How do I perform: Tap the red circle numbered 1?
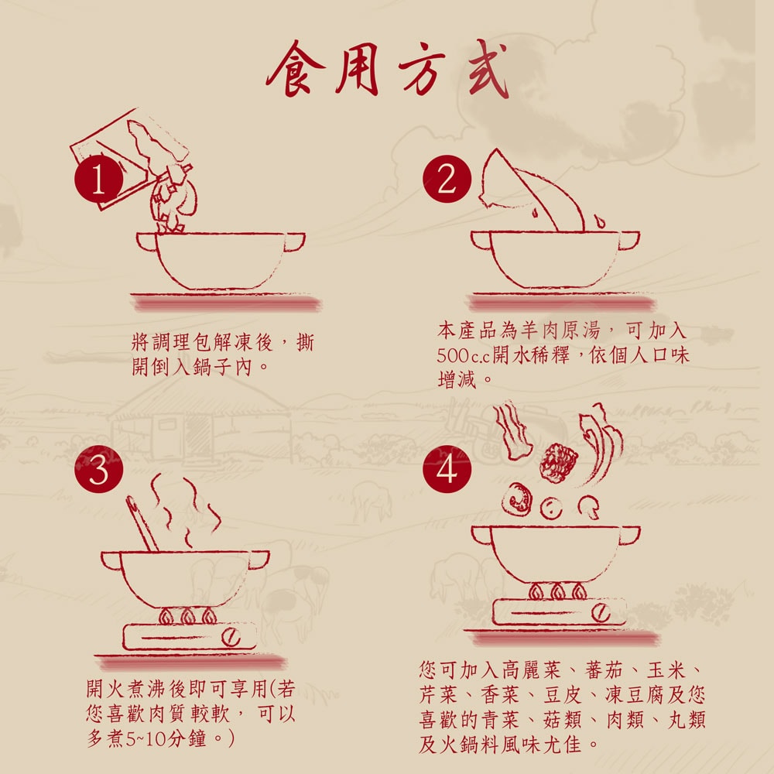pos(98,181)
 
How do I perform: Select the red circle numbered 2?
pos(447,181)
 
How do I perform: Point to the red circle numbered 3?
pos(98,470)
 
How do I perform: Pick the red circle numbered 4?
pos(447,470)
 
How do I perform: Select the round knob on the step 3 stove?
pos(230,637)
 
